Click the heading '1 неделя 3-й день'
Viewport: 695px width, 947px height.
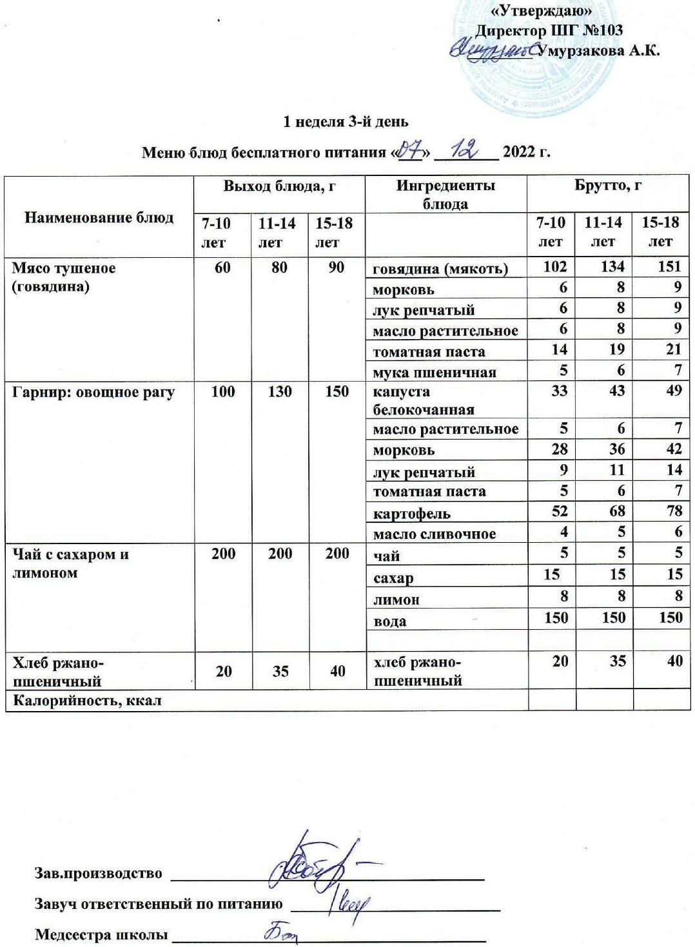coord(347,121)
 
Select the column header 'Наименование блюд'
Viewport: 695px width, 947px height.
coord(99,217)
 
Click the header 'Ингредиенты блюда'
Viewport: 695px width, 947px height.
coord(445,195)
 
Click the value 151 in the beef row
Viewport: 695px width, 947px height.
coord(669,268)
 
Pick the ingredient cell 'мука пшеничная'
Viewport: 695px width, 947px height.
coord(434,372)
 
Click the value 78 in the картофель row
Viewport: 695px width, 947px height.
coord(672,513)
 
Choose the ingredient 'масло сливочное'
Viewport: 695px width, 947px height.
coord(435,534)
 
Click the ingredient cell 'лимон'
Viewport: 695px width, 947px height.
coord(396,600)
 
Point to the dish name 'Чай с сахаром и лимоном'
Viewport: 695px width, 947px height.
coord(71,563)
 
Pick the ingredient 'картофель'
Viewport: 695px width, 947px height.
coord(412,514)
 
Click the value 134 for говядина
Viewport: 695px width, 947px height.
coord(612,268)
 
